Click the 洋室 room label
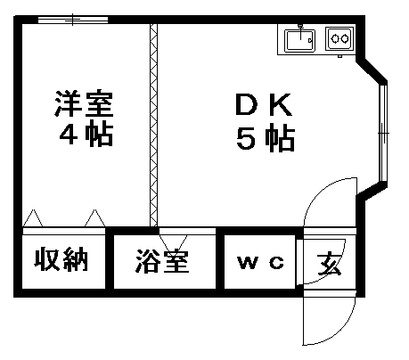click(84, 102)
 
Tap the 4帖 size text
click(86, 133)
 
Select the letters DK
click(264, 104)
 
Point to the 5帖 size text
click(266, 139)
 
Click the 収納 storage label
click(61, 258)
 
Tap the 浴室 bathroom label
click(162, 261)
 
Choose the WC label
click(261, 262)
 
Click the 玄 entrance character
click(329, 264)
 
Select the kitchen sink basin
click(300, 41)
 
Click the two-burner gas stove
click(339, 38)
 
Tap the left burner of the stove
click(335, 38)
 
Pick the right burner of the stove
click(345, 38)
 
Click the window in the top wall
click(73, 20)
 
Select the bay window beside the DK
click(383, 133)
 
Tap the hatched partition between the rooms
click(153, 125)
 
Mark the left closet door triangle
click(33, 218)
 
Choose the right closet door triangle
click(95, 218)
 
